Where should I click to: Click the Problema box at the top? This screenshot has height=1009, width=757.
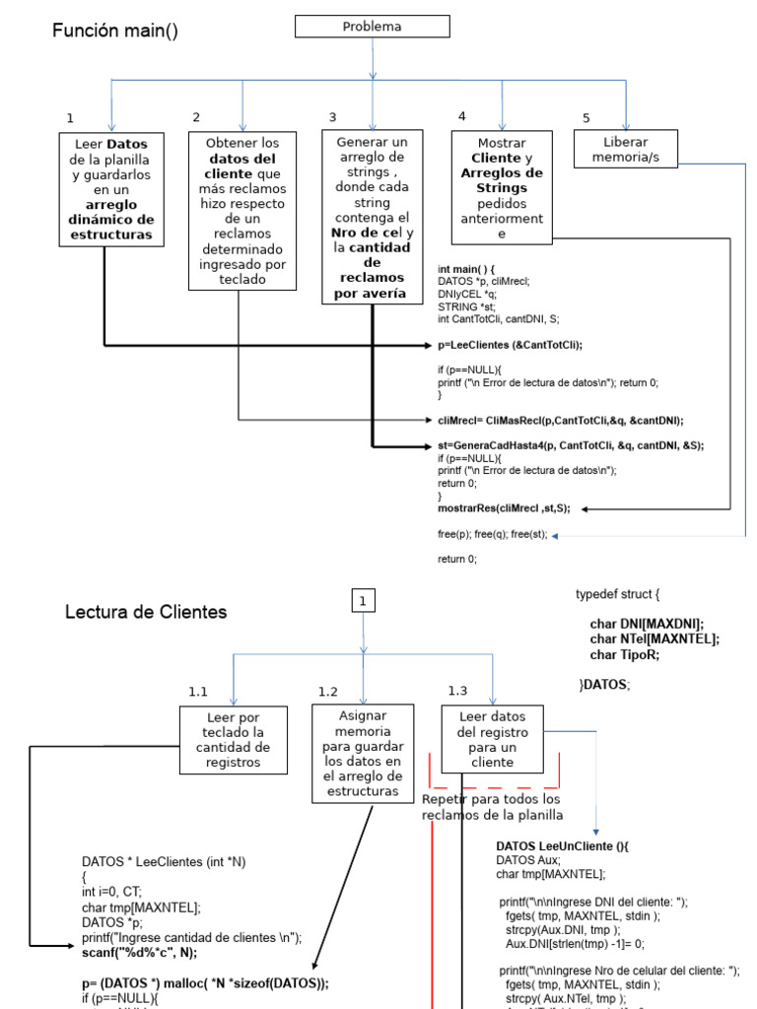372,27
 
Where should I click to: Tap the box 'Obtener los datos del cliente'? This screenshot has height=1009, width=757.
241,210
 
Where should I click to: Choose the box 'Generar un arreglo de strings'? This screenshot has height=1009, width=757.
372,217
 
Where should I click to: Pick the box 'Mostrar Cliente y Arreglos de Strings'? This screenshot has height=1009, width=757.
502,186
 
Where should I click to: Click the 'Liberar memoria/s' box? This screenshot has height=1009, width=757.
626,148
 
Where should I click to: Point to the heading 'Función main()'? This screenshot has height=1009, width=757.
115,31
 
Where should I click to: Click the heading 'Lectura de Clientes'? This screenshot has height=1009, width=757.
146,612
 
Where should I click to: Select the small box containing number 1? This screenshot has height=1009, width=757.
363,600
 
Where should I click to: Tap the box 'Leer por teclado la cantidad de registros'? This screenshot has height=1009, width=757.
234,739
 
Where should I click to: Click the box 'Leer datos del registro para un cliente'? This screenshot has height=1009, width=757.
493,738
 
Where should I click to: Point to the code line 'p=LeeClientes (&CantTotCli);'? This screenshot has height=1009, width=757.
511,345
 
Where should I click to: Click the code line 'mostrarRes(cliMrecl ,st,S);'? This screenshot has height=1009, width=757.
504,509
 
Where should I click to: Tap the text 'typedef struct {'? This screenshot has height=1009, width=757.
617,594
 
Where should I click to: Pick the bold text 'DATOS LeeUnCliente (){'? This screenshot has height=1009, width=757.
562,845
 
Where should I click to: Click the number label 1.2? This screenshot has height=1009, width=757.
328,691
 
